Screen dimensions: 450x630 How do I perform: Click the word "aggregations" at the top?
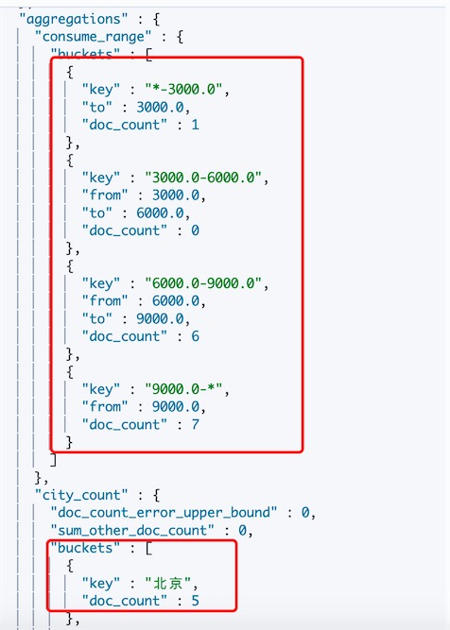(x=74, y=19)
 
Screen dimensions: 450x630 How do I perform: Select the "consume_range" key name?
(x=93, y=37)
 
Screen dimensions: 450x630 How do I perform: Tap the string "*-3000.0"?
(x=183, y=89)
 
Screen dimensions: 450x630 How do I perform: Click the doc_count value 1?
(x=195, y=125)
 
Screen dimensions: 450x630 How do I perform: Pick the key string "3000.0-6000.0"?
(x=203, y=178)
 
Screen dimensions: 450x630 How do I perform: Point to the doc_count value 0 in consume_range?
(x=195, y=230)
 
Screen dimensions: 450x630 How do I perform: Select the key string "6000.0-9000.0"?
(x=203, y=283)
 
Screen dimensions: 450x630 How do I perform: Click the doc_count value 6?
(x=195, y=336)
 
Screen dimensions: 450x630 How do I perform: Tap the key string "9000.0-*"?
(x=183, y=389)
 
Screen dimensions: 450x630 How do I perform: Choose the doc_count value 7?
(x=195, y=424)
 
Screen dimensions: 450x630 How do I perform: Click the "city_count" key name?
(x=81, y=495)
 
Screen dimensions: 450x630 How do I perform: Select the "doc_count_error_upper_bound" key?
(x=164, y=513)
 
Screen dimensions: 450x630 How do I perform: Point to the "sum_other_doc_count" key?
(x=132, y=531)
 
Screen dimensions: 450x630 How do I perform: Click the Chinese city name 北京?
(x=167, y=583)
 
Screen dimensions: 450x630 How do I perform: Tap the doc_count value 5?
(x=195, y=601)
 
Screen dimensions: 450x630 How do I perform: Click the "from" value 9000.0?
(x=176, y=406)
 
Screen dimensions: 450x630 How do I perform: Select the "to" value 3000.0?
(x=160, y=107)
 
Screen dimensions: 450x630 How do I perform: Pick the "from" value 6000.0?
(x=176, y=301)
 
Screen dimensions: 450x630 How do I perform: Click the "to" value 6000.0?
(x=160, y=213)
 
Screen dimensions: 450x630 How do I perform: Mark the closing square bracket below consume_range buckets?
(x=53, y=460)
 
